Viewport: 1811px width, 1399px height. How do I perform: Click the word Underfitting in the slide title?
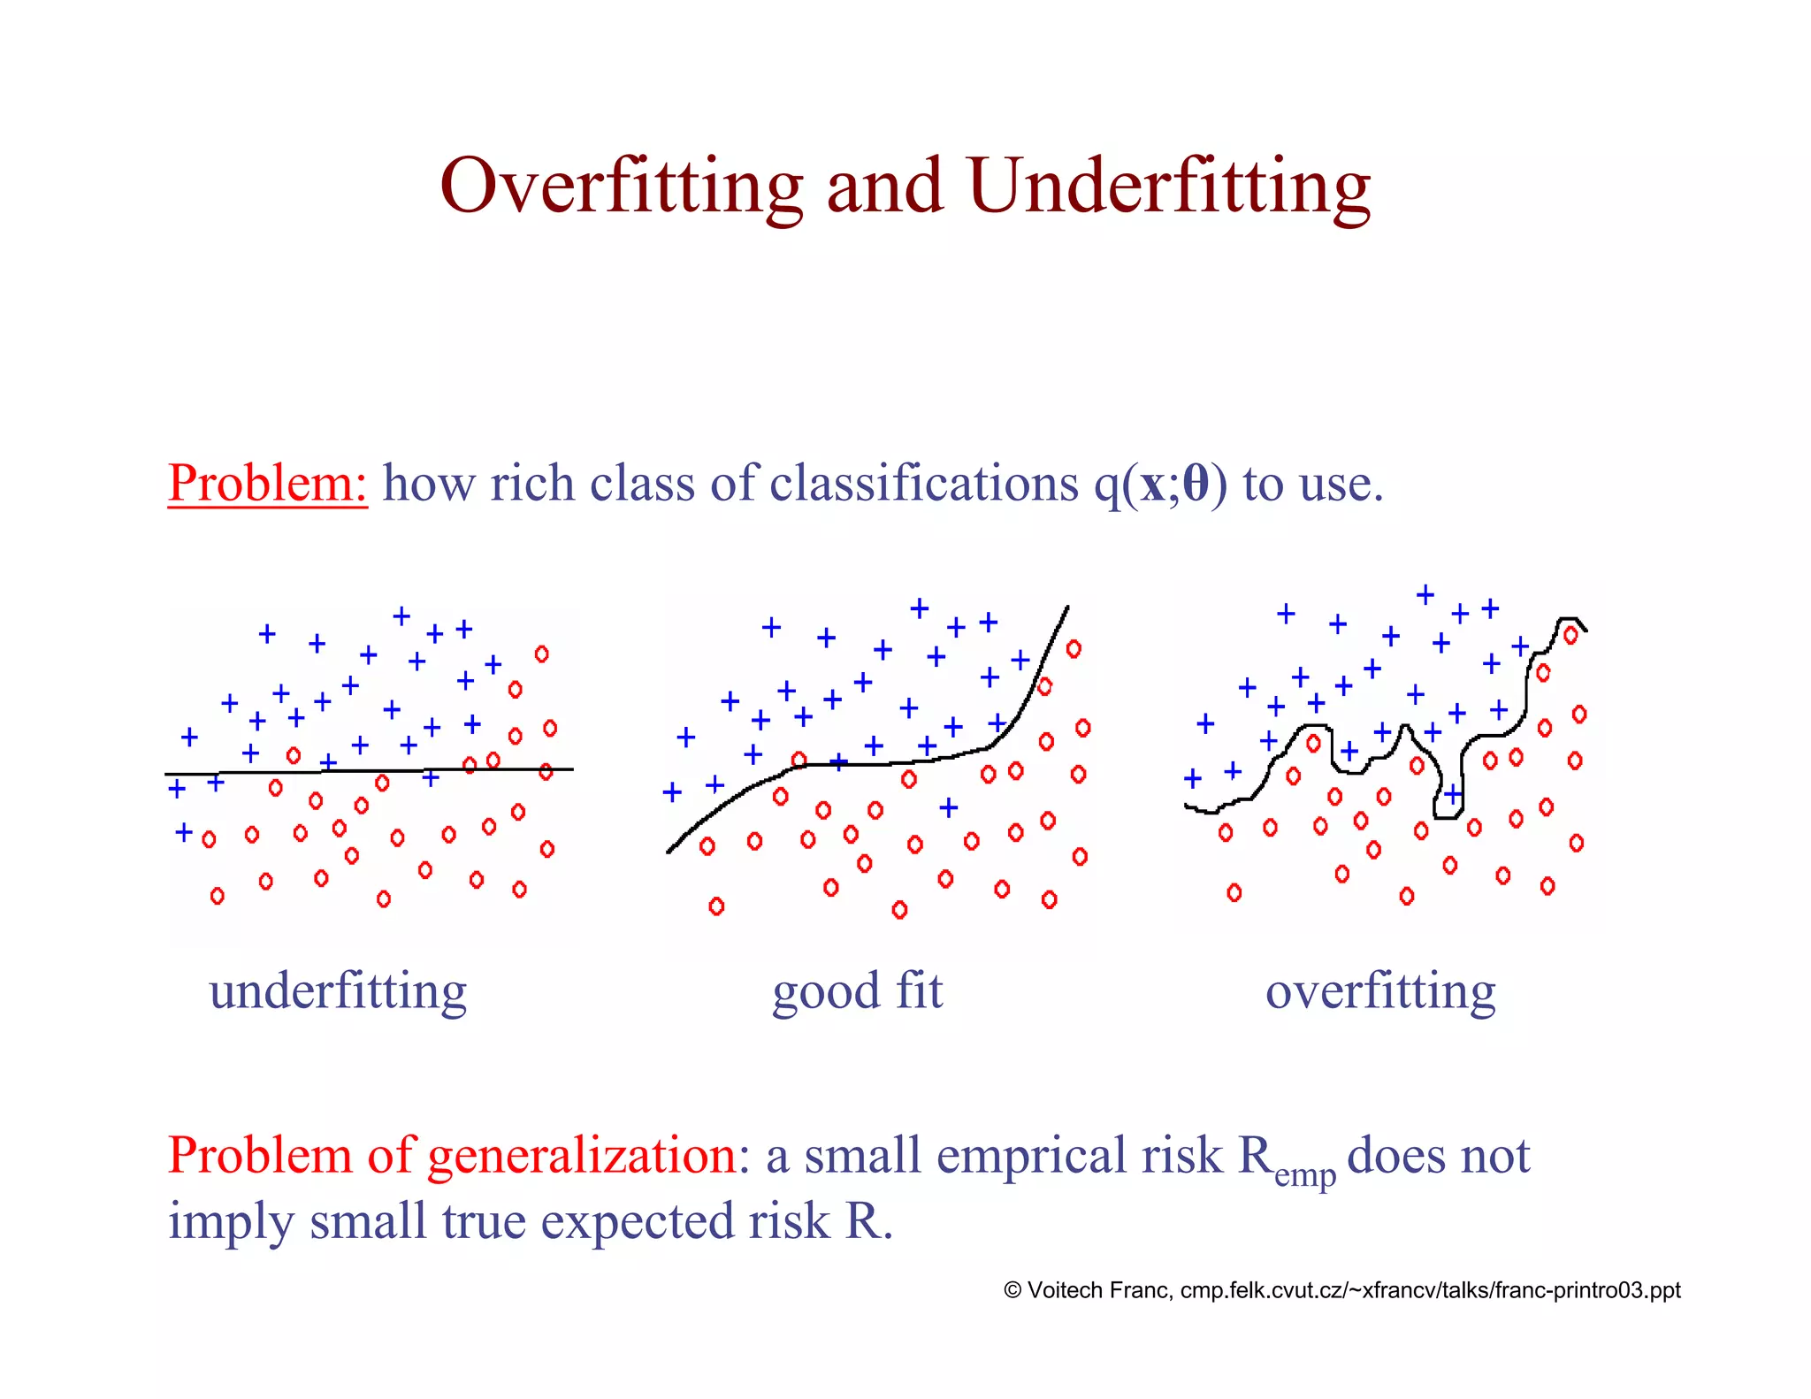(1168, 187)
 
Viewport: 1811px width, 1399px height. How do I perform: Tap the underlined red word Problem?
(267, 484)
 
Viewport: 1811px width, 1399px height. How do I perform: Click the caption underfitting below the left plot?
(338, 991)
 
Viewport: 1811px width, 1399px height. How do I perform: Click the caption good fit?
(857, 991)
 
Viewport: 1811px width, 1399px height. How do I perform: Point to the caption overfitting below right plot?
(1380, 991)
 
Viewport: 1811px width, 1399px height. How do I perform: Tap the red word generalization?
(582, 1155)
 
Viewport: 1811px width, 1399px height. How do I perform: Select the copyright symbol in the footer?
(1012, 1290)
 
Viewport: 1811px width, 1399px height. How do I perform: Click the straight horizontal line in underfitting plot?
(371, 771)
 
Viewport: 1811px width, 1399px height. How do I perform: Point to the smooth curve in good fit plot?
(884, 763)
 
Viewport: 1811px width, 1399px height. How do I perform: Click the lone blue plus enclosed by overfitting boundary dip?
(1453, 793)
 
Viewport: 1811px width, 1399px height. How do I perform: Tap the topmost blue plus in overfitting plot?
(1425, 595)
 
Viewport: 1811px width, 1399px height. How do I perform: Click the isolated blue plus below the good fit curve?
(948, 807)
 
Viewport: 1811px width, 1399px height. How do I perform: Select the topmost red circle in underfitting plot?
(541, 654)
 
